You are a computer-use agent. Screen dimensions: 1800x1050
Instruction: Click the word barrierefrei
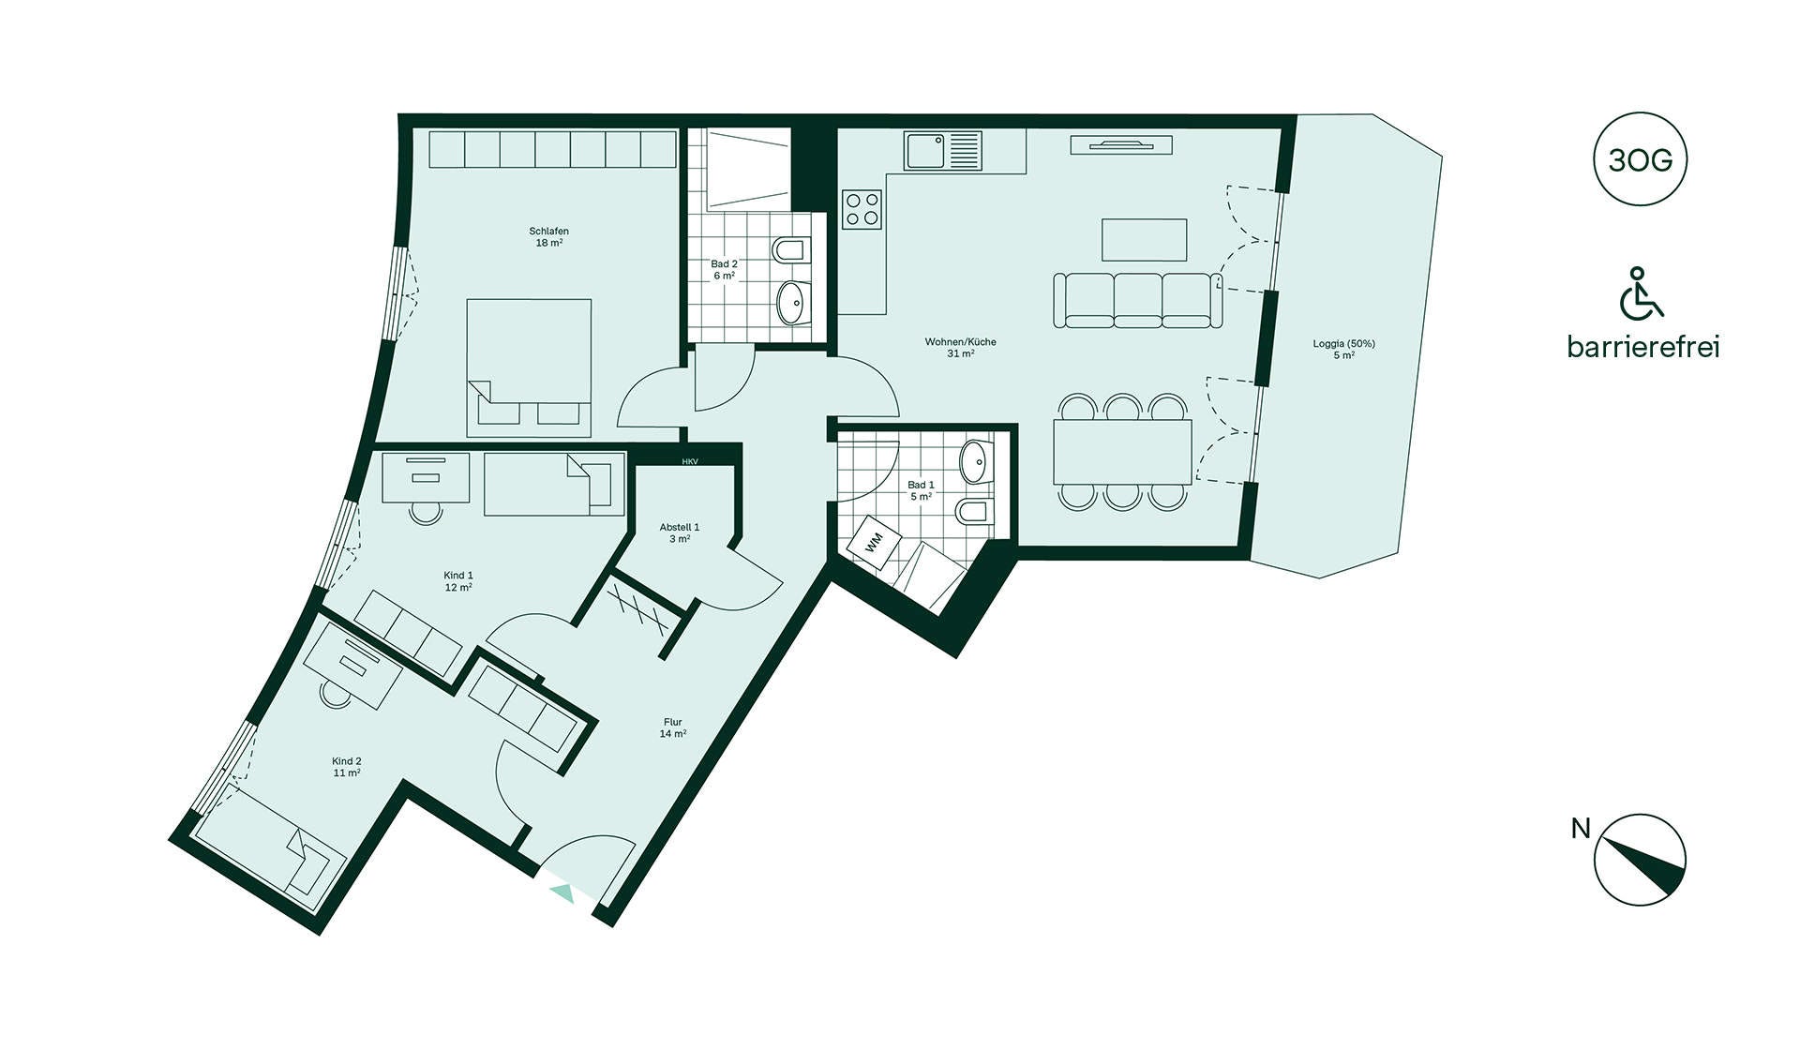(x=1643, y=347)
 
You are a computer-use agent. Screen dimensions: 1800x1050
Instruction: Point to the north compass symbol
(x=1640, y=860)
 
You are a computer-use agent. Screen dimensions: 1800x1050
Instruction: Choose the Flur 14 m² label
(x=672, y=727)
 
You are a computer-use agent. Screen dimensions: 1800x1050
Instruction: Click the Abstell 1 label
(x=679, y=527)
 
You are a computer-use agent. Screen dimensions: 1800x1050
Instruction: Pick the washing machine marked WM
(x=875, y=542)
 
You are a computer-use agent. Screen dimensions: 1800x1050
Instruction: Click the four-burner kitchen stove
(x=862, y=209)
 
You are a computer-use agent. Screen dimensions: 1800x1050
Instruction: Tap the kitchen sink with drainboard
(x=943, y=151)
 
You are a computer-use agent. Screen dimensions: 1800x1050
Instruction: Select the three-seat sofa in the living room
(x=1138, y=300)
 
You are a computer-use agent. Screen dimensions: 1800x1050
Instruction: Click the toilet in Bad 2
(x=791, y=251)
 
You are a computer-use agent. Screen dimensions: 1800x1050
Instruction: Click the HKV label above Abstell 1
(x=690, y=461)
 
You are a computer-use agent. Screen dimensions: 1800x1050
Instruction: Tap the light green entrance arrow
(x=562, y=892)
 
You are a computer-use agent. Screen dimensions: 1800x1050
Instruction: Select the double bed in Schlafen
(x=529, y=367)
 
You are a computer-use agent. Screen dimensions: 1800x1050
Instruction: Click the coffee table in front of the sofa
(x=1144, y=240)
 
